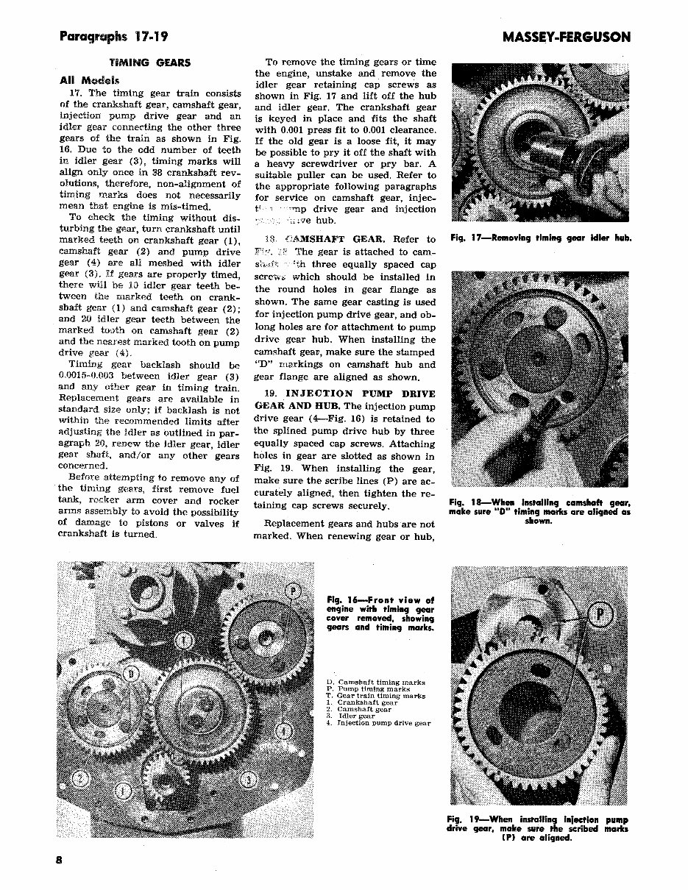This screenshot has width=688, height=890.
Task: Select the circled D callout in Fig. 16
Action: point(130,674)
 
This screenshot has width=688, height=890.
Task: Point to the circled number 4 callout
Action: point(283,730)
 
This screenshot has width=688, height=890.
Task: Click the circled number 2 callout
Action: point(84,779)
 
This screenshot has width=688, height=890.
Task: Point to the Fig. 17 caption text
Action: point(540,238)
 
